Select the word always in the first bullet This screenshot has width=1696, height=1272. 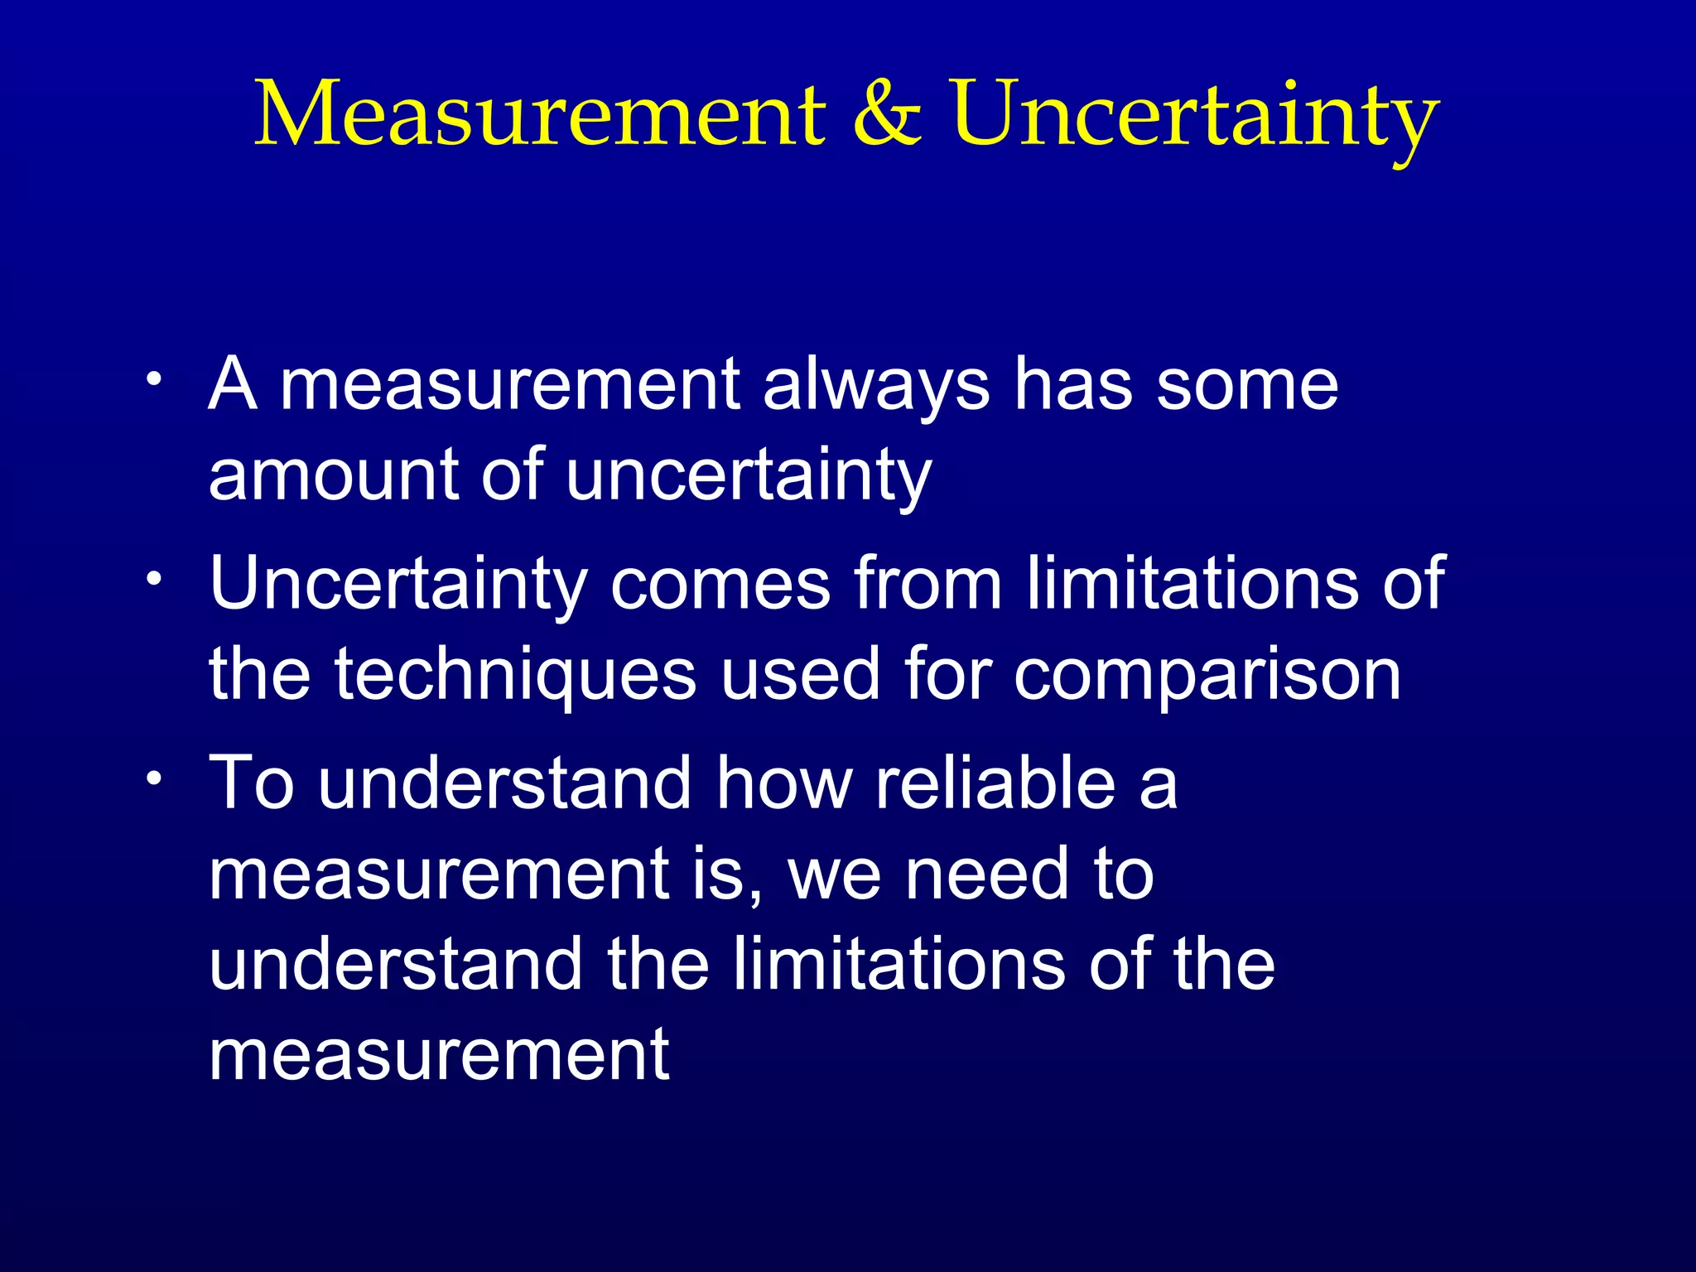click(x=876, y=386)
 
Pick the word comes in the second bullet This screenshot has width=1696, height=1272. click(x=720, y=585)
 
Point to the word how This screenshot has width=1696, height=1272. click(x=783, y=783)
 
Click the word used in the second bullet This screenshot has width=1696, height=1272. click(x=799, y=674)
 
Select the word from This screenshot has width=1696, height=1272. click(x=929, y=585)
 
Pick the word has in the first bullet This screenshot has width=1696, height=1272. click(x=1073, y=386)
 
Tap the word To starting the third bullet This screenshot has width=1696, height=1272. click(x=252, y=783)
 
